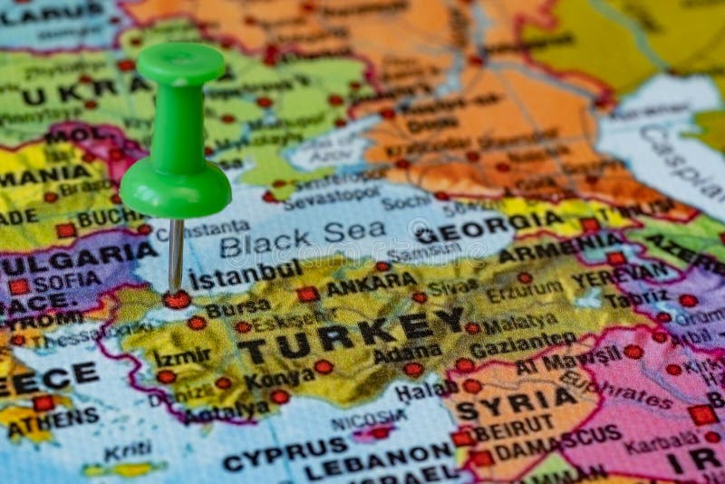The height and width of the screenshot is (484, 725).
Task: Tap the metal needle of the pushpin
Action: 176,254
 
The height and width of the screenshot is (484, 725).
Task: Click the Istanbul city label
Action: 246,275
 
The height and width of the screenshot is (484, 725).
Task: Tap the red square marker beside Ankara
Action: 308,294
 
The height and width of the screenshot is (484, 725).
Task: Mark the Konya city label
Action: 278,375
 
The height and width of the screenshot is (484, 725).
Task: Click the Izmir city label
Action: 181,357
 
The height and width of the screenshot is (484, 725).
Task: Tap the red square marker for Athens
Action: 43,402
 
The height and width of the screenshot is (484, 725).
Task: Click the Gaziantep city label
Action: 523,345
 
